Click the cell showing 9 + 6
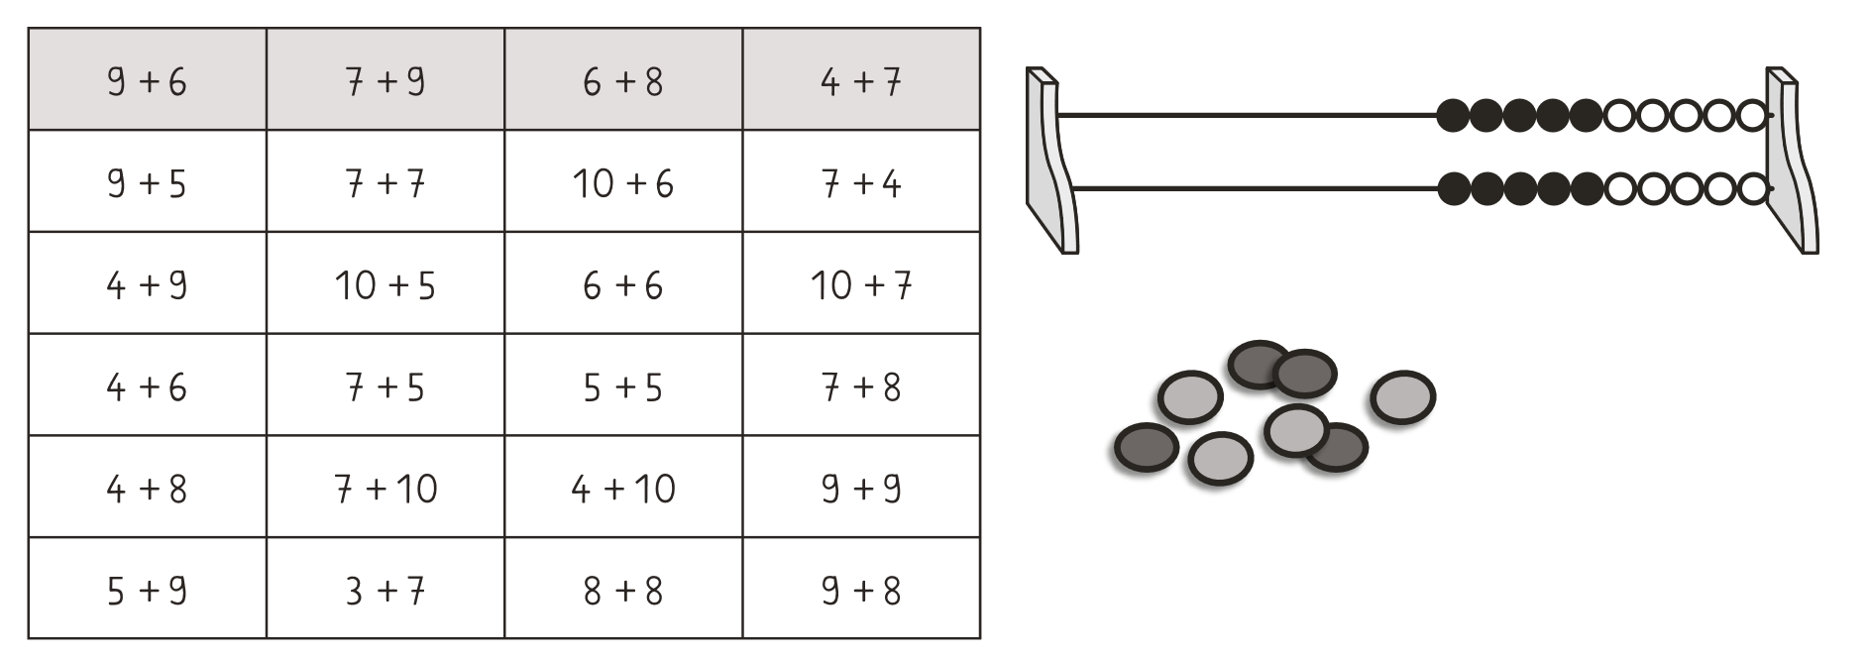tap(148, 80)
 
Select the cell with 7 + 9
tap(385, 80)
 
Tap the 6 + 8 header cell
tap(623, 80)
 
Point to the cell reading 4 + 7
tap(861, 80)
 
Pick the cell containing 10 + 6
tap(623, 182)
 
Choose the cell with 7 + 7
tap(385, 182)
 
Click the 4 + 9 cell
tap(148, 284)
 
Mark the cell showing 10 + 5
tap(385, 284)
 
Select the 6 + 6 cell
tap(623, 284)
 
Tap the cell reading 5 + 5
tap(623, 386)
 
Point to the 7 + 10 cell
tap(385, 488)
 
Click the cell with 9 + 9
tap(861, 488)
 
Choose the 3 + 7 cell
tap(385, 590)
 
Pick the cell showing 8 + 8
tap(623, 590)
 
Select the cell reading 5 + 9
tap(148, 590)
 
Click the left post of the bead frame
tap(1052, 161)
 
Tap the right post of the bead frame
tap(1792, 161)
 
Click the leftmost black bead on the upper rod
tap(1453, 116)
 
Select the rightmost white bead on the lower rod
tap(1753, 187)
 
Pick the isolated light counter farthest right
tap(1403, 397)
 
